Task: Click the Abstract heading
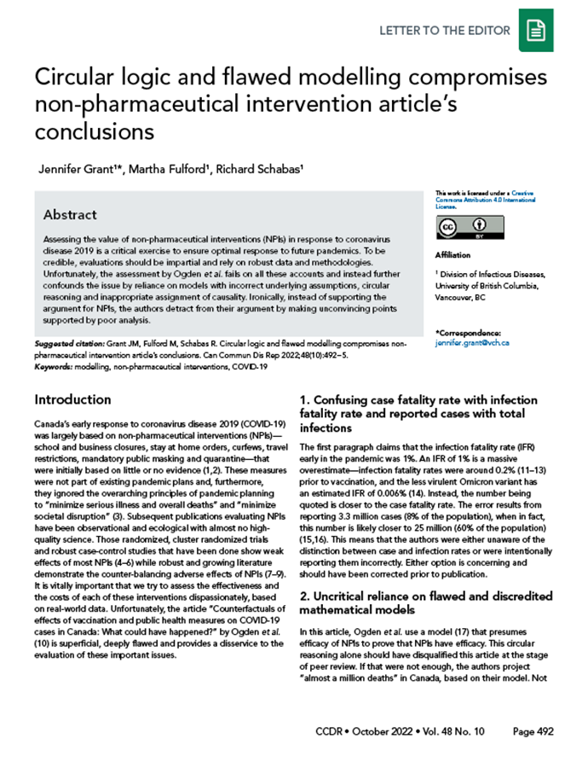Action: coord(70,214)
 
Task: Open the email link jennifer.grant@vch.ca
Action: coord(471,341)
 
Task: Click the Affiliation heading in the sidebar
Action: coord(452,255)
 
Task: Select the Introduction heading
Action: coord(72,399)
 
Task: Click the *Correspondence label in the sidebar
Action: coord(468,332)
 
